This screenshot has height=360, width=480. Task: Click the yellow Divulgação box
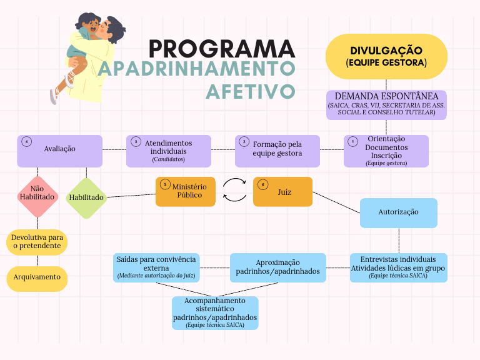pos(386,56)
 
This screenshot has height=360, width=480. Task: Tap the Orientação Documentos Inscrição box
pos(386,151)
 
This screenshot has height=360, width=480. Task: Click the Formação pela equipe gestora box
pos(277,151)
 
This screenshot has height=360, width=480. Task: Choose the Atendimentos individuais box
pos(168,151)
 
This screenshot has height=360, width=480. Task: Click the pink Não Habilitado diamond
pos(37,196)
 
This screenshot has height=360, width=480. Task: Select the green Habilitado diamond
pos(86,197)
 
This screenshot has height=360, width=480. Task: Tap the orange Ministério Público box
pos(185,191)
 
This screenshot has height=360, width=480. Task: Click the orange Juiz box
pos(282,191)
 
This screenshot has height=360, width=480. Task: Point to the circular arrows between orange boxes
pos(234,191)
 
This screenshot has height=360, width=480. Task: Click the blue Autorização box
pos(398,212)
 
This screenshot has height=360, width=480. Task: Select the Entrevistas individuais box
pos(398,267)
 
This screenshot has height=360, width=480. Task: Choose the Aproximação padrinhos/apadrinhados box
pos(277,267)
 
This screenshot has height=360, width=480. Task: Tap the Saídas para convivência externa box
pos(156,267)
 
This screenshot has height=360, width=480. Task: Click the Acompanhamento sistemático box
pos(215,312)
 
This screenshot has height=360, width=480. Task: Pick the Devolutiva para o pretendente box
pos(37,242)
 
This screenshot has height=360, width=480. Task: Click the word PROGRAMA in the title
pos(222,49)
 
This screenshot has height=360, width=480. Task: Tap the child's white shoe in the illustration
pos(55,95)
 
